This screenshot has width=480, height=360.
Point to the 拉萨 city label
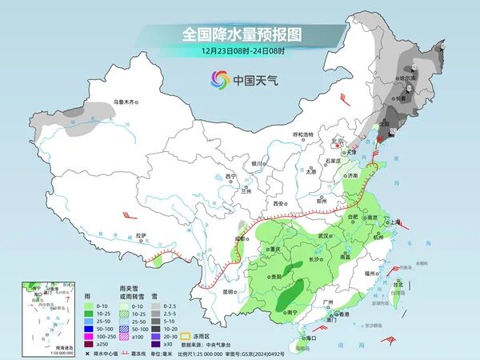click(141, 235)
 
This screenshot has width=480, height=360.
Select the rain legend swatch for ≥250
click(86, 344)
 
